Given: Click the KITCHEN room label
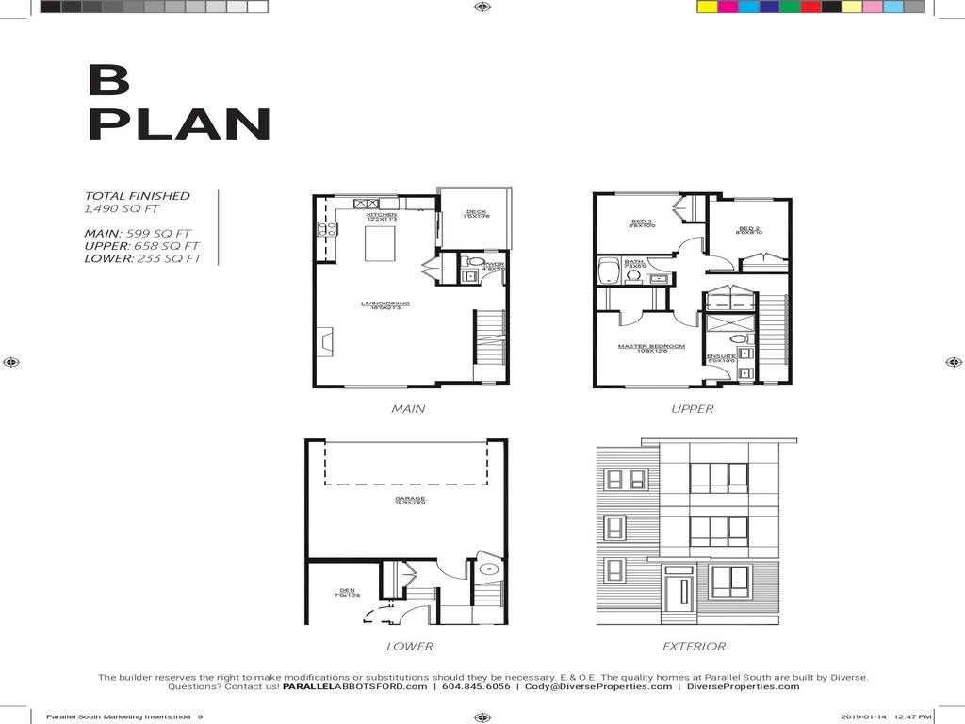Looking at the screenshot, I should tap(382, 215).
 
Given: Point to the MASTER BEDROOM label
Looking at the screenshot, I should tap(651, 347).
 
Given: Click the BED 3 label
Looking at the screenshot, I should tap(643, 222).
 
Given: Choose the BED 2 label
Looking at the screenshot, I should tap(749, 229).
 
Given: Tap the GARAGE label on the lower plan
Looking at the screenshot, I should tap(410, 499).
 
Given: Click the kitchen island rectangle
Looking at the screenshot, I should tap(384, 242).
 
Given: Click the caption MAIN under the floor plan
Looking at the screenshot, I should tap(408, 409).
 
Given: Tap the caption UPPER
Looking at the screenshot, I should tap(692, 409).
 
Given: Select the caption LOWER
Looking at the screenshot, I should tap(409, 647).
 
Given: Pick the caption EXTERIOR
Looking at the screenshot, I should tap(694, 647).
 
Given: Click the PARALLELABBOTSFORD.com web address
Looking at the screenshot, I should tap(354, 687).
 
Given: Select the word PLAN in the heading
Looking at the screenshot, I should tap(179, 125).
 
